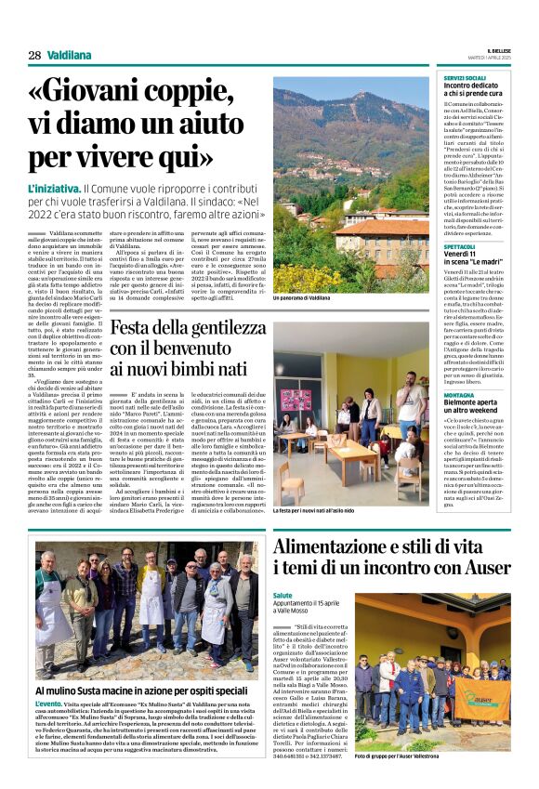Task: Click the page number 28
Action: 33,56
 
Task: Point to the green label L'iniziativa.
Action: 53,188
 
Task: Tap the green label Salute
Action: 283,595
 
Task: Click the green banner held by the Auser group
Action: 477,695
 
